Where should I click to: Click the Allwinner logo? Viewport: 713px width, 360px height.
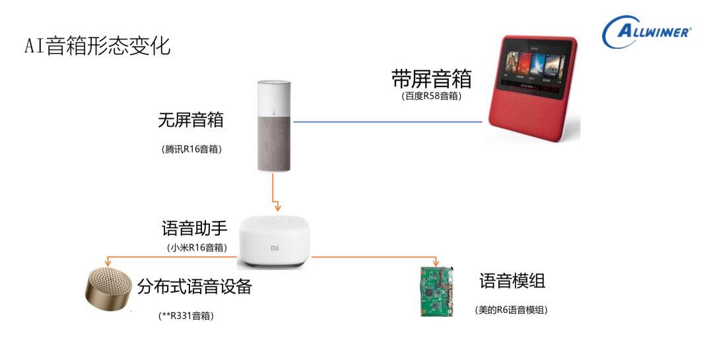(647, 31)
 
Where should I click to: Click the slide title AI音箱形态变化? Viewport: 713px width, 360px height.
(97, 46)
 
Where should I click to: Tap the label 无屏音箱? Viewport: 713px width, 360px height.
(191, 120)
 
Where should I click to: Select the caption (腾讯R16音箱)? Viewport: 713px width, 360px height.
(191, 149)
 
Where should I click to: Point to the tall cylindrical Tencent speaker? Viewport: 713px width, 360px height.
(274, 126)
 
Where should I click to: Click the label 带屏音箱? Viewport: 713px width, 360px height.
(431, 79)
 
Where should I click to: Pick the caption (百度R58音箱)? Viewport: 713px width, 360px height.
(431, 96)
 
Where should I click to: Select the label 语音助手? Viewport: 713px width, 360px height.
(195, 229)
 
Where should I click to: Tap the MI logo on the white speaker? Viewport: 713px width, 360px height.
(274, 249)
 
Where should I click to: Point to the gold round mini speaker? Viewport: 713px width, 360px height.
(107, 289)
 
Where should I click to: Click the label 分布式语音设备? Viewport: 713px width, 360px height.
(195, 287)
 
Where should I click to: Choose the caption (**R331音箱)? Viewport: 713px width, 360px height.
(186, 316)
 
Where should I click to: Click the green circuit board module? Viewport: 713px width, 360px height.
(436, 291)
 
